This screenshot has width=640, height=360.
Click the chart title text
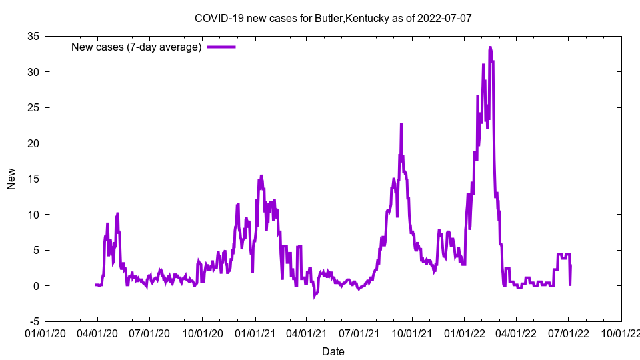(x=333, y=18)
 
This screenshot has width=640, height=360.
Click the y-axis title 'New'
(x=11, y=179)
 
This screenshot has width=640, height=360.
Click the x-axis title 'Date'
(x=333, y=351)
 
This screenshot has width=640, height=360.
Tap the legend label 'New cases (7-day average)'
(x=137, y=47)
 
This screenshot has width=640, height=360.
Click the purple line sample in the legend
(x=221, y=47)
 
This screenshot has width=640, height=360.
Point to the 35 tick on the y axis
(x=33, y=36)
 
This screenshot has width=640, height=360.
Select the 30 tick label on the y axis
(x=33, y=72)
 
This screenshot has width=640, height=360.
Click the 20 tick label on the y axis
(x=33, y=143)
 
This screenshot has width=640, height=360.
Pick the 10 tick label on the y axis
(x=33, y=215)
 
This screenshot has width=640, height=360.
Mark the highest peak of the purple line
(x=490, y=48)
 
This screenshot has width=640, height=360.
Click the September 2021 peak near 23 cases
(x=401, y=124)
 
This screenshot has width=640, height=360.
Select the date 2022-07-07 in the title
(x=445, y=18)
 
